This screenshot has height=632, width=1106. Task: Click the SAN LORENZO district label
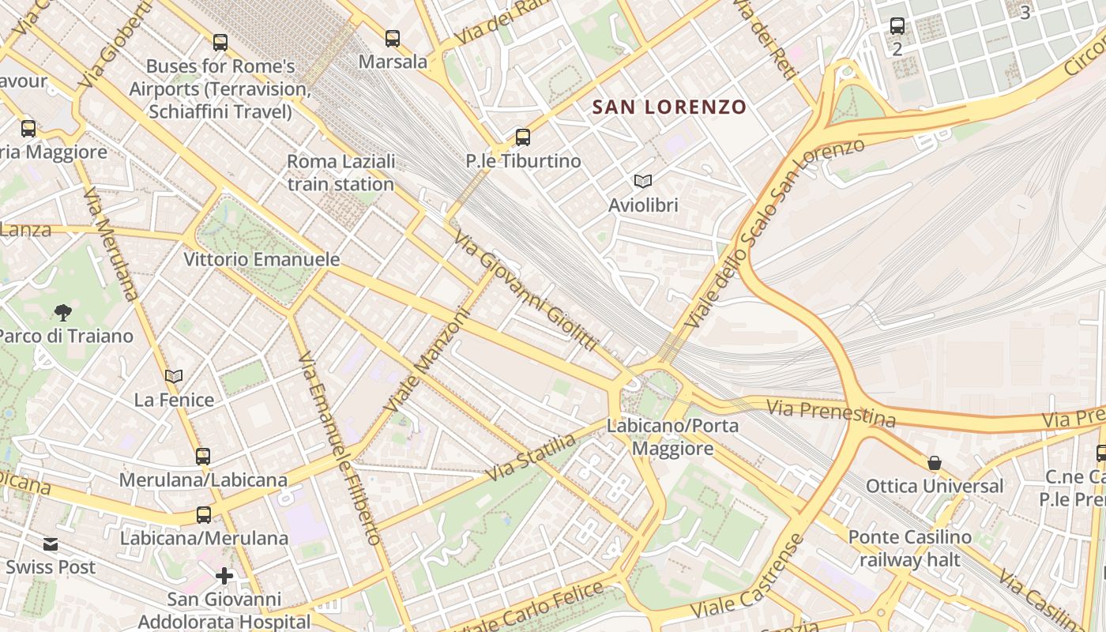(x=669, y=107)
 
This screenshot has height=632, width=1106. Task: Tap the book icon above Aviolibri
(x=643, y=182)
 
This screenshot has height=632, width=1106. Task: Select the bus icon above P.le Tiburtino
(x=522, y=137)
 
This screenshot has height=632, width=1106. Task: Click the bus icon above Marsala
(x=392, y=38)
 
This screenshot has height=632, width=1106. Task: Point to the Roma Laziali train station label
(x=340, y=173)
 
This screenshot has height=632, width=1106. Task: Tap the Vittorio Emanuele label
(x=261, y=259)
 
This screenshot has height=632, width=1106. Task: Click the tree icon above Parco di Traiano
(x=63, y=313)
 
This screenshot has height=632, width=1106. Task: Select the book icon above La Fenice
(x=174, y=377)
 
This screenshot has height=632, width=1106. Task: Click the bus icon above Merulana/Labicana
(x=203, y=456)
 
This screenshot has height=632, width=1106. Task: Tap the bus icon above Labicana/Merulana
(x=204, y=515)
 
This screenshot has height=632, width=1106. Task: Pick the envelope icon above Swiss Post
(x=51, y=544)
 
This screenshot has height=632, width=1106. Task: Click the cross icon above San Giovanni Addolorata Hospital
(x=224, y=576)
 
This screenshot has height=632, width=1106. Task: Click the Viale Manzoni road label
(x=427, y=359)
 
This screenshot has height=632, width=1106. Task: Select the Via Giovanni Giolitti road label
(x=525, y=292)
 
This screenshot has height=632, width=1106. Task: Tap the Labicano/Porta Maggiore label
(x=672, y=438)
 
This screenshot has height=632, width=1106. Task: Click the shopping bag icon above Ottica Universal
(x=935, y=463)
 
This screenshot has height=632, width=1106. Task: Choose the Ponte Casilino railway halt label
(x=910, y=548)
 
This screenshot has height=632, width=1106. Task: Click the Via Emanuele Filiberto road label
(x=341, y=449)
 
